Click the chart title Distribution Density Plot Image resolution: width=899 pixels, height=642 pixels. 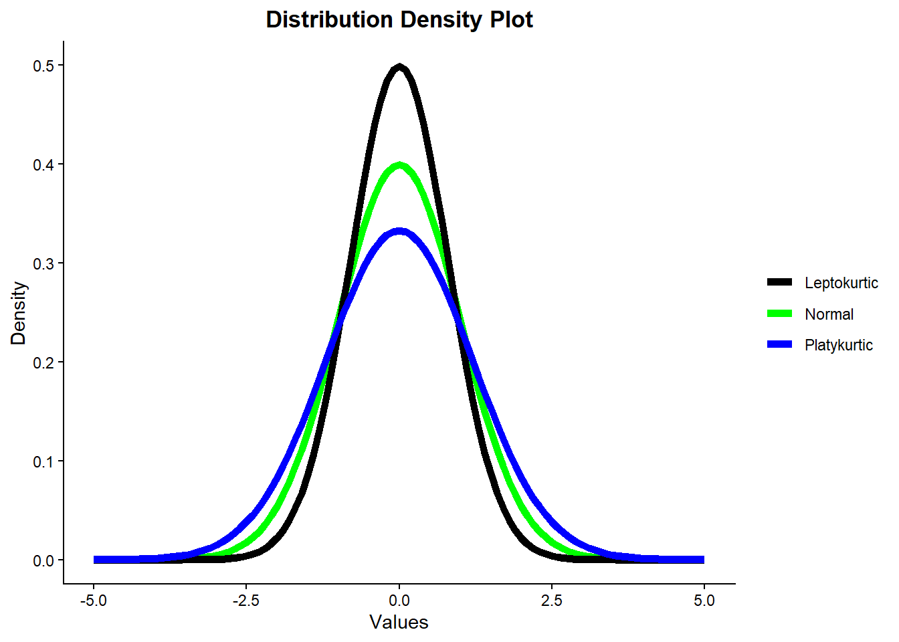(x=399, y=19)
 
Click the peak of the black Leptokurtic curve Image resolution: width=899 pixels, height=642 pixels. (x=399, y=66)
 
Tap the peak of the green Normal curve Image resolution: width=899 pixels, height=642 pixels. (x=399, y=165)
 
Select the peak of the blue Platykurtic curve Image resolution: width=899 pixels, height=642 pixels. (x=399, y=231)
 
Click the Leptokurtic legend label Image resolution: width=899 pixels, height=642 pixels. (x=841, y=283)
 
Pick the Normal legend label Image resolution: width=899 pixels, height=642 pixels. (x=829, y=314)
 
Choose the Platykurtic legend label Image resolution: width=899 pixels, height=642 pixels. (x=838, y=345)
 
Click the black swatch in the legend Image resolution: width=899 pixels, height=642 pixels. (x=779, y=282)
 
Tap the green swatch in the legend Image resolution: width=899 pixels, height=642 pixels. (x=779, y=314)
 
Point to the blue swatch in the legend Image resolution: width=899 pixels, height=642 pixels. (x=779, y=344)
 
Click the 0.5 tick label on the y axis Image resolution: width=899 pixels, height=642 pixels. (x=43, y=66)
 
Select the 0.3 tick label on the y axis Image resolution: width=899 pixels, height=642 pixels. (x=43, y=263)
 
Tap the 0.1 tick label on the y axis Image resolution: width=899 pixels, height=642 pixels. (x=43, y=461)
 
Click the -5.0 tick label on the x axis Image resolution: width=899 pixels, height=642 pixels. (x=94, y=601)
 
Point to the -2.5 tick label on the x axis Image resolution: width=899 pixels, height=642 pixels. (x=246, y=601)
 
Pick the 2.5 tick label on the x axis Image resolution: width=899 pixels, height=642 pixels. (x=552, y=601)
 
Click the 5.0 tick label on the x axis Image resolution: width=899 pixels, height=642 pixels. (x=704, y=601)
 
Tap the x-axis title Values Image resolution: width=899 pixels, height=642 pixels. (x=399, y=623)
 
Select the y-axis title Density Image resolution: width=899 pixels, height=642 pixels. (x=18, y=313)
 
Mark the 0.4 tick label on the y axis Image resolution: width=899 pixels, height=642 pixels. (x=43, y=165)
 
